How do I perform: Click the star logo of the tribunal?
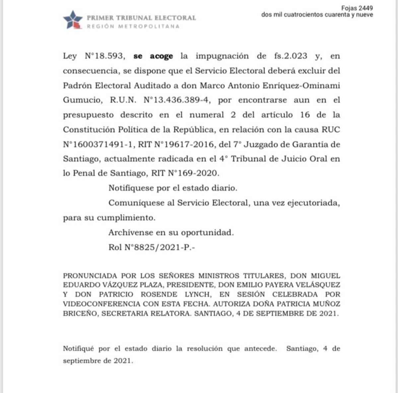coord(73,20)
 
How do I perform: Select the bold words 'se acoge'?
coord(153,56)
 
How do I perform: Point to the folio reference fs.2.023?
coord(291,56)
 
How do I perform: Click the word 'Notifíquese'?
coord(131,188)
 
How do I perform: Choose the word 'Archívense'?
coord(131,232)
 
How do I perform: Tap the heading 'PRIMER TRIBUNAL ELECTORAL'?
coord(141,18)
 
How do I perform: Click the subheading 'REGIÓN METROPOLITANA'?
coord(133,27)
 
